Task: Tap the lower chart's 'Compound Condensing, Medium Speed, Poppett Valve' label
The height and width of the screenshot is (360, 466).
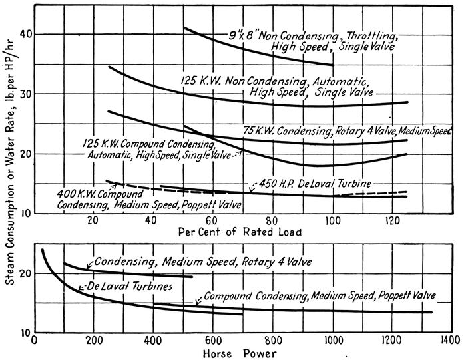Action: click(319, 295)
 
